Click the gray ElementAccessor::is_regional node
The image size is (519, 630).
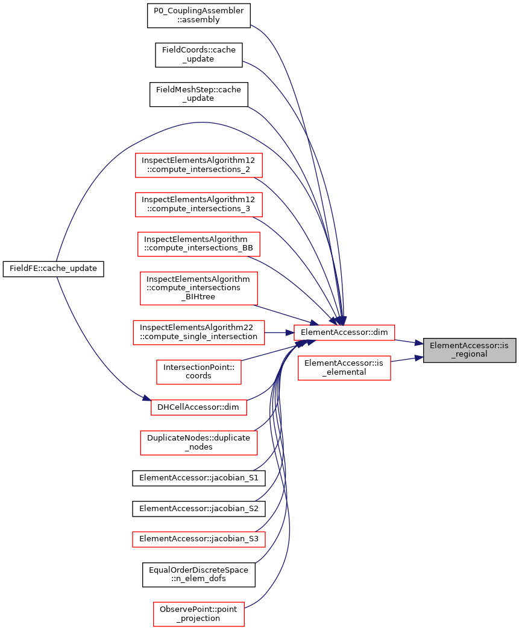(470, 350)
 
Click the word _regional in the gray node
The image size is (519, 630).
(470, 354)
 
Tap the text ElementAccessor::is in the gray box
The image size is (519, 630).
(469, 346)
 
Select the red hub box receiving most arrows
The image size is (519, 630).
(344, 332)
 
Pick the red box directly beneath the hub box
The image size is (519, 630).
(344, 368)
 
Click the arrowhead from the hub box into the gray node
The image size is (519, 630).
(419, 343)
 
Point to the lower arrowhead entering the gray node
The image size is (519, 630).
(419, 358)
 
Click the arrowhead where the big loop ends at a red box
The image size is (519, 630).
(146, 398)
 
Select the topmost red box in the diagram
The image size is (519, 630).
(199, 165)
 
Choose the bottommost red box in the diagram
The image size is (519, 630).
(199, 614)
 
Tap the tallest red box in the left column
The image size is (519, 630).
(199, 288)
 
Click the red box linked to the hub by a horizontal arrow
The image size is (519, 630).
(199, 332)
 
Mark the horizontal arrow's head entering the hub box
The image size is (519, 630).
(290, 332)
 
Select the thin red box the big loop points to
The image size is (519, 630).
(199, 407)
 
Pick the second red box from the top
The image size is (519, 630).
(199, 205)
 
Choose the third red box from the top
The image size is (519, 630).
(199, 244)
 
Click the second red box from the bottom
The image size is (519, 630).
(199, 539)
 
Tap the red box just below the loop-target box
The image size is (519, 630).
(199, 443)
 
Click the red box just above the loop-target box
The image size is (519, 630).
(199, 372)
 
